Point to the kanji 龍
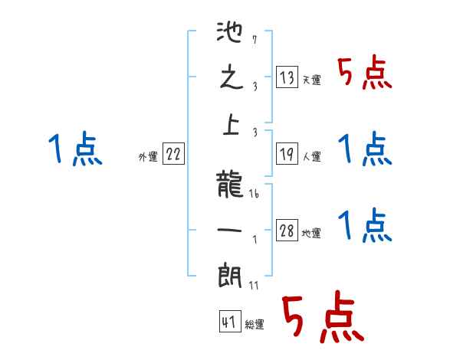[231, 185]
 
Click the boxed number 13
[286, 77]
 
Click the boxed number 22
[173, 155]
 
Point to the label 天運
[311, 80]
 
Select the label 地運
[311, 234]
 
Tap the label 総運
[255, 325]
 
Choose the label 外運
[147, 157]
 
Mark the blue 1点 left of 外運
[75, 149]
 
